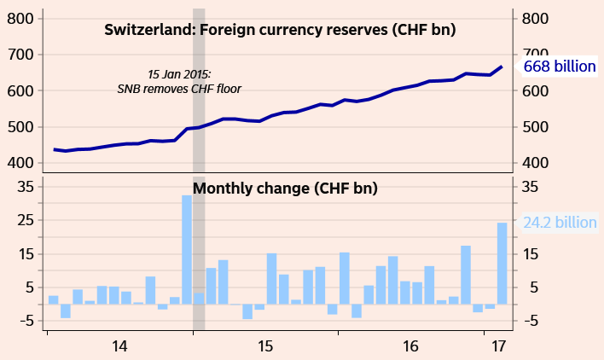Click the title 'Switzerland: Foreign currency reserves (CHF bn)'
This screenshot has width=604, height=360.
(280, 30)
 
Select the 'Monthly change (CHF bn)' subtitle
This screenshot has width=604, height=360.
(285, 189)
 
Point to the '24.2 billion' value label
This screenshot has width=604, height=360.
(560, 223)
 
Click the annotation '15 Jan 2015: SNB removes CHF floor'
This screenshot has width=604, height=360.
(179, 81)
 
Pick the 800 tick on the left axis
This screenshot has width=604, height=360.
(20, 19)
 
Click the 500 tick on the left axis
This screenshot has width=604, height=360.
(20, 127)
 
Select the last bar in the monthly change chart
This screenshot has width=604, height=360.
(502, 263)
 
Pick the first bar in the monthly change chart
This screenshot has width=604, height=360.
(53, 299)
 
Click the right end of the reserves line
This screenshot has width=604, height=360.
(502, 67)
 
